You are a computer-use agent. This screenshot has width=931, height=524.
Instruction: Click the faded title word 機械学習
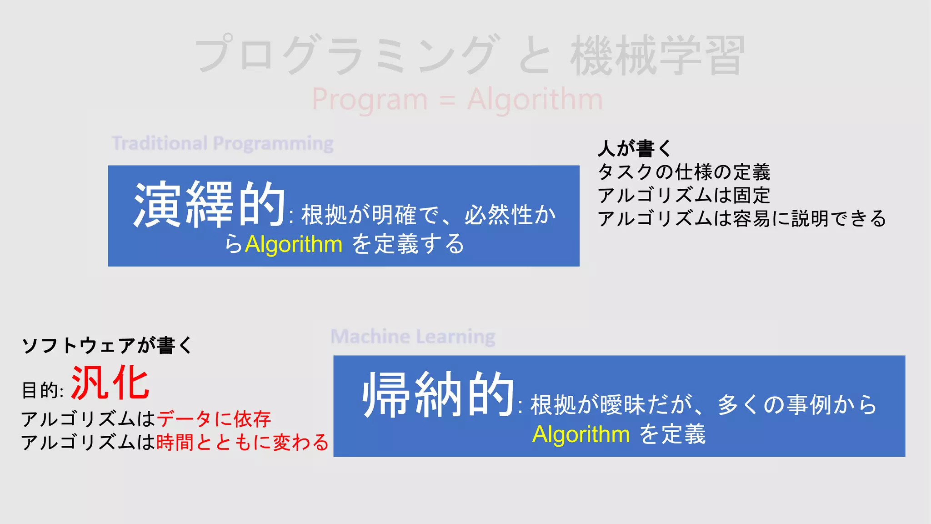tap(657, 55)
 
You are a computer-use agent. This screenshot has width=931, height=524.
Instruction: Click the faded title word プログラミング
tap(345, 55)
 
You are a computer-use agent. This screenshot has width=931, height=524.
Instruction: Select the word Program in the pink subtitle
tap(370, 99)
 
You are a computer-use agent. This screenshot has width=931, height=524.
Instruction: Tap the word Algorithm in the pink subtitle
tap(535, 99)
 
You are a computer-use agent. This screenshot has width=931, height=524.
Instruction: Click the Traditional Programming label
tap(223, 143)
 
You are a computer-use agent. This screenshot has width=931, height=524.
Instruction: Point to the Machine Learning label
tap(413, 337)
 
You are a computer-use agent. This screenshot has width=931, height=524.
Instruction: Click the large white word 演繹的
tap(210, 205)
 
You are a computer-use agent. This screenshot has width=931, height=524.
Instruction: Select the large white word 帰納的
tap(438, 394)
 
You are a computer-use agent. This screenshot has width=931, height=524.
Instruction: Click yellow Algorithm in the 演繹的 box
tap(294, 244)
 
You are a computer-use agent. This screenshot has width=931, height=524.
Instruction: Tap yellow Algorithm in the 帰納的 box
tap(581, 434)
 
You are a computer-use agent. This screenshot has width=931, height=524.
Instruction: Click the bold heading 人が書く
tap(635, 148)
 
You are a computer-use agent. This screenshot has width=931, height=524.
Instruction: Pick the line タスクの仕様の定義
tap(684, 172)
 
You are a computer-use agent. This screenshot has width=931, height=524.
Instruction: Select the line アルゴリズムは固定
tap(684, 195)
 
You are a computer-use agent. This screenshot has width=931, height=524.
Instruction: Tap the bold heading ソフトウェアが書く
tap(107, 345)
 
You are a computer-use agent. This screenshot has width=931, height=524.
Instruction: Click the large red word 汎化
tap(110, 383)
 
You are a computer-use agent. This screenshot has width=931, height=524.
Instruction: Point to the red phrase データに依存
tap(214, 419)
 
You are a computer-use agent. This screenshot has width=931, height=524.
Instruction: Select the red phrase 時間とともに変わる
tap(242, 442)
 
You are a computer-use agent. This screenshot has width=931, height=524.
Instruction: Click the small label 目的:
tap(43, 390)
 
